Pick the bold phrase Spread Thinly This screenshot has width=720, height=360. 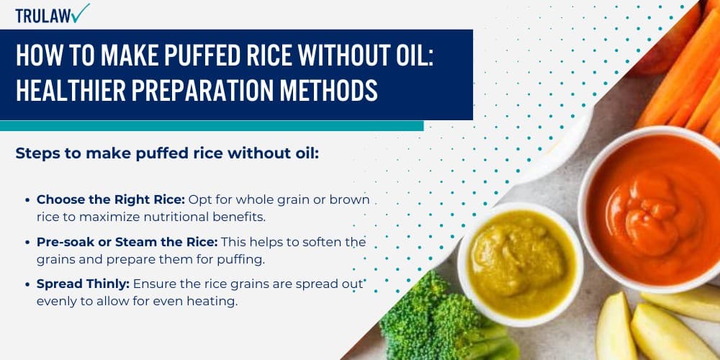[x=83, y=284]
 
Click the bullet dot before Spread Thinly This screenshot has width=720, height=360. [x=27, y=284]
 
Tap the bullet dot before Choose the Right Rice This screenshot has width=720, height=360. [x=27, y=199]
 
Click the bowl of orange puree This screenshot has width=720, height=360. [x=648, y=206]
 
